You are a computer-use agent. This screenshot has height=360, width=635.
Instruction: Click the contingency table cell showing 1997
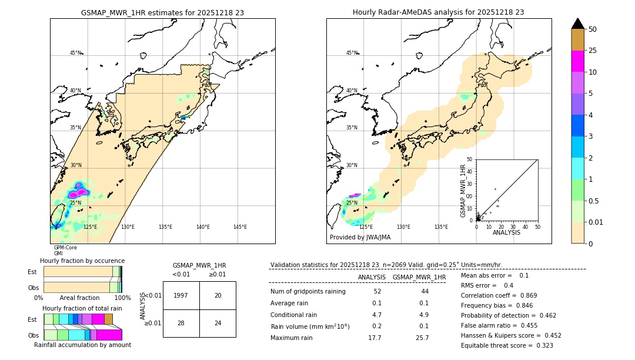(x=181, y=295)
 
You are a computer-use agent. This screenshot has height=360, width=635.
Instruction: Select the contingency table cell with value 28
(x=181, y=323)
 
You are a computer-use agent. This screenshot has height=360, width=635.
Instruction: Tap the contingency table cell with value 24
(x=218, y=323)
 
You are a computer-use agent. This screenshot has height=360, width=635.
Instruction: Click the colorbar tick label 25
(x=593, y=51)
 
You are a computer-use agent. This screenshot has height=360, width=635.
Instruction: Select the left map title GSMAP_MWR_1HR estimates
(x=162, y=12)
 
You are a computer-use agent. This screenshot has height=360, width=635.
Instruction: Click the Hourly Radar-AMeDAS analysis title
(x=439, y=12)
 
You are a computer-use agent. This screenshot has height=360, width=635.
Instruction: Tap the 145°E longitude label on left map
(x=240, y=227)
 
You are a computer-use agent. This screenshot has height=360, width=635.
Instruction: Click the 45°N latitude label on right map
(x=352, y=53)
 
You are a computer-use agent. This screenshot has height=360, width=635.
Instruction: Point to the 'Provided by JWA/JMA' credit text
(x=360, y=238)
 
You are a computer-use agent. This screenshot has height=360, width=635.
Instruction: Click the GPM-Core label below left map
(x=65, y=248)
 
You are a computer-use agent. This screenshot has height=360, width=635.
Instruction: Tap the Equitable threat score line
(x=507, y=345)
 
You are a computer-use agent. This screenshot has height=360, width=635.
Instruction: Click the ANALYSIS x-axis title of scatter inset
(x=506, y=232)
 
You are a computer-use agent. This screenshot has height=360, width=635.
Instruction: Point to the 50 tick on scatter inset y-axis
(x=469, y=159)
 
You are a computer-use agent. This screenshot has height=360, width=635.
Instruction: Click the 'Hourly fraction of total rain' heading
(x=82, y=308)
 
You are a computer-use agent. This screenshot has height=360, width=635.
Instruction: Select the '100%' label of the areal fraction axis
(x=122, y=298)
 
